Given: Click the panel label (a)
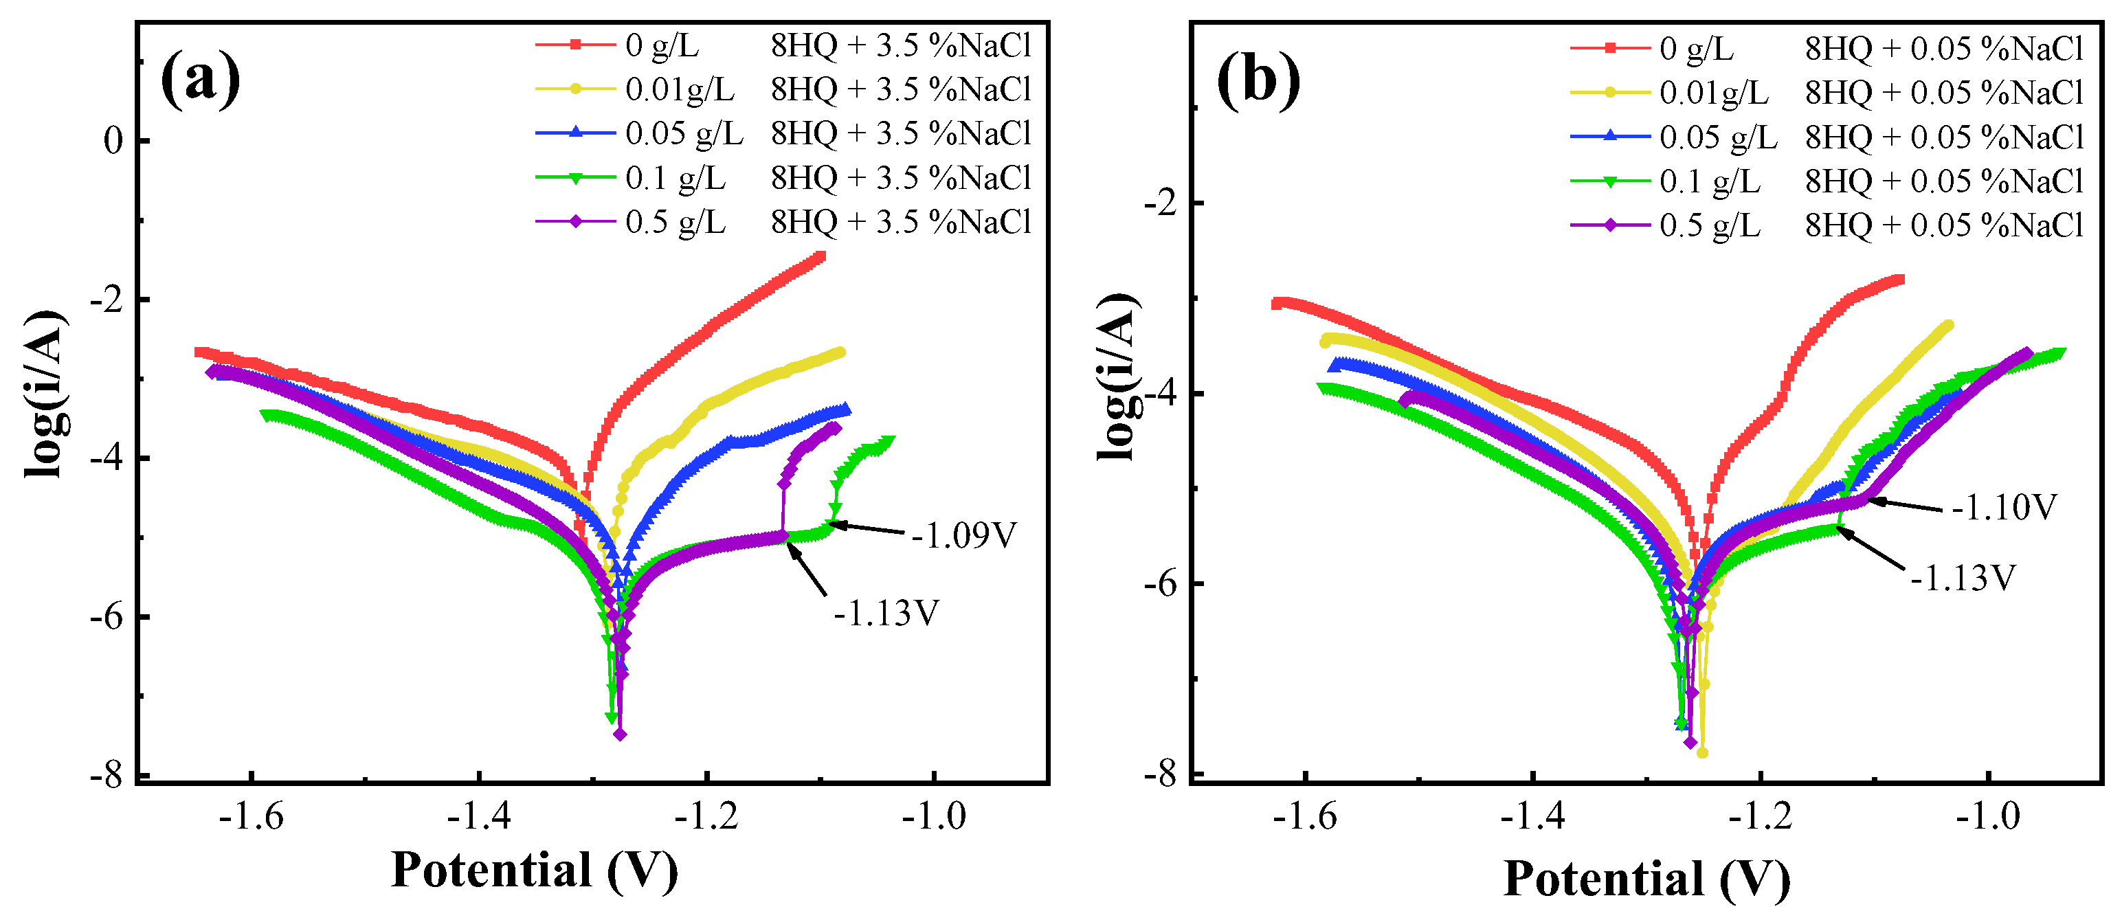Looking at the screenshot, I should coord(200,80).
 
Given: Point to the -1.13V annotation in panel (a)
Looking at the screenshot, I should coord(886,614).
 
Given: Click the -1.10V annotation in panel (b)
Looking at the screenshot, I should coord(2003,507).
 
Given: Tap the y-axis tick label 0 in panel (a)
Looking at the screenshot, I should coord(113,141).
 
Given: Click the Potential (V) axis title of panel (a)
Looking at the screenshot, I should coord(534,871).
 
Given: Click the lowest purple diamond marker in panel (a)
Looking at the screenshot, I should coord(621,734).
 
